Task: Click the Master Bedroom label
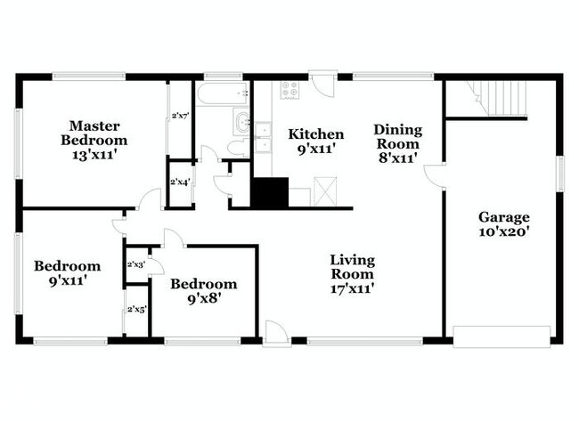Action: pyautogui.click(x=94, y=133)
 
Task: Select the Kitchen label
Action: pyautogui.click(x=316, y=134)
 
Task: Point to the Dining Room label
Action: pyautogui.click(x=397, y=136)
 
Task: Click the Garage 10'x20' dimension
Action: pyautogui.click(x=504, y=231)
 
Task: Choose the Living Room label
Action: pyautogui.click(x=352, y=267)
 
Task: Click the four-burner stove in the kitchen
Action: pyautogui.click(x=289, y=90)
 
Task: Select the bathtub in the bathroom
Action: pyautogui.click(x=223, y=93)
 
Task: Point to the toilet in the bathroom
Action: pyautogui.click(x=239, y=149)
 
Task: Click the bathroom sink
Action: pyautogui.click(x=242, y=121)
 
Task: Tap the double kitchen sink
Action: pyautogui.click(x=263, y=137)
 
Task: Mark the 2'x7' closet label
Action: pyautogui.click(x=181, y=116)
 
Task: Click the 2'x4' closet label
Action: pyautogui.click(x=180, y=182)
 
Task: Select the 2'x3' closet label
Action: pyautogui.click(x=136, y=264)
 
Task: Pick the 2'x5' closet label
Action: pyautogui.click(x=137, y=309)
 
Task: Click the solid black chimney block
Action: pyautogui.click(x=270, y=192)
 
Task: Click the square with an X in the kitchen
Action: pyautogui.click(x=325, y=190)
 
